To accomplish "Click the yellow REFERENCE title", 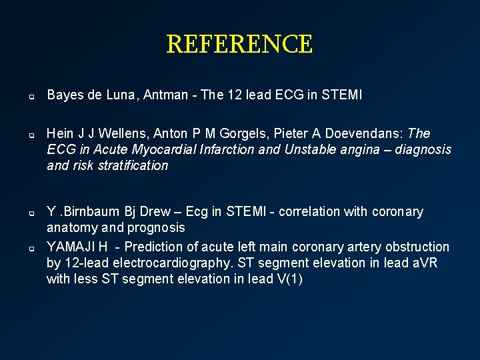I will coord(239,45).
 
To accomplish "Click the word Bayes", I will coord(64,95).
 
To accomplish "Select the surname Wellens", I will coord(119,133).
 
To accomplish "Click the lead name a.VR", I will coord(420,263).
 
